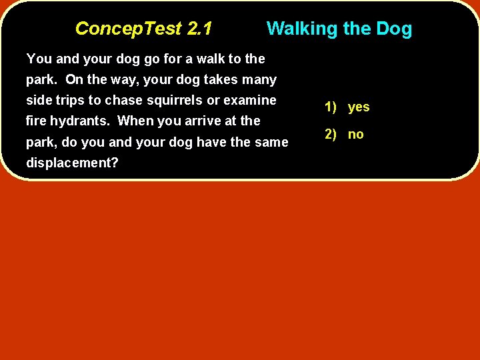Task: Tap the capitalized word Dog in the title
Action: tap(394, 29)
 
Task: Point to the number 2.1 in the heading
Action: tap(199, 29)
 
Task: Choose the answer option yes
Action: tap(359, 107)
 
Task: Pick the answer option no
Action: tap(356, 134)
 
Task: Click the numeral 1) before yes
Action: tap(331, 107)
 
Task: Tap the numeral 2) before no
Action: tap(331, 134)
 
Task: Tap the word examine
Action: tap(253, 100)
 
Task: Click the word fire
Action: tap(36, 121)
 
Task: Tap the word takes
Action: tap(220, 79)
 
